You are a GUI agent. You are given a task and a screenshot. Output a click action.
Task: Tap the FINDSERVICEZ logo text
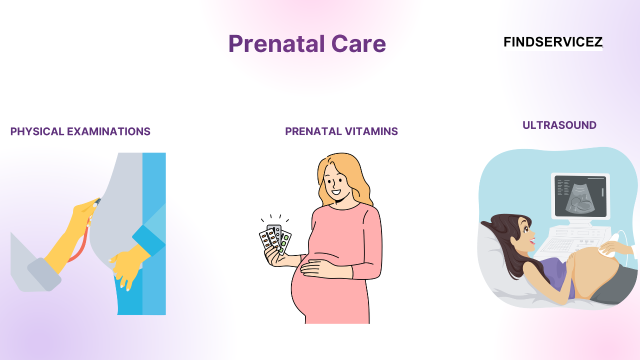[x=552, y=42]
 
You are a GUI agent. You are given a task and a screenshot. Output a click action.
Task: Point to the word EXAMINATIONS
[x=108, y=131]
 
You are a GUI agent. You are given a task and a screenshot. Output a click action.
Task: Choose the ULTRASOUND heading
[x=559, y=125]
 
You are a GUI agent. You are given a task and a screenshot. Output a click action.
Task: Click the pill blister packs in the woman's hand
[x=274, y=239]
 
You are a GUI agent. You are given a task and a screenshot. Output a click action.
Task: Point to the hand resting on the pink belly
[x=320, y=270]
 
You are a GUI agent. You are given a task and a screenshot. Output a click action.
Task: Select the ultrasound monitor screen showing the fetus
[x=580, y=195]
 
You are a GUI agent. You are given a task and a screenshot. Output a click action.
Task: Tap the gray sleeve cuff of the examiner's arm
[x=44, y=273]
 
